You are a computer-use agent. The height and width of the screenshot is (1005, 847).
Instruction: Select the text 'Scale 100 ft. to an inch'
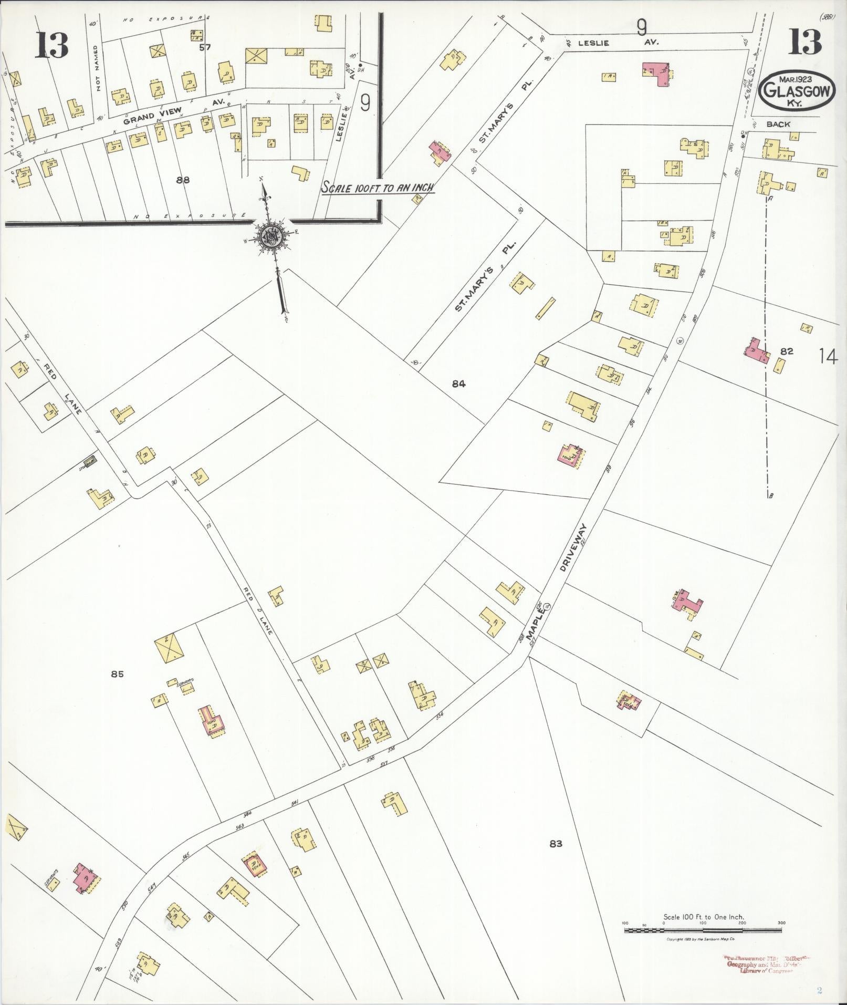point(378,188)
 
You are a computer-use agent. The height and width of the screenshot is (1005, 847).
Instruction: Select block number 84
point(458,384)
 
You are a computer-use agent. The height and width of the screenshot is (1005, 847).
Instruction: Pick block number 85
point(117,674)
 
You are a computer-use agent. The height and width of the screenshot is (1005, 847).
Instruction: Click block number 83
point(556,844)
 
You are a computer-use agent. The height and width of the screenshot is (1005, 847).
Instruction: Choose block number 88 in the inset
point(183,180)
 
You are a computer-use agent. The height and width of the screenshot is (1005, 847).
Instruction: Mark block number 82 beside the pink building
point(786,351)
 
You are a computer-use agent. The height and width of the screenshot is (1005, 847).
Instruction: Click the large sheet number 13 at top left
point(53,46)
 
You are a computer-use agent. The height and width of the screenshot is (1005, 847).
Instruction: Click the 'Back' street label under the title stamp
point(778,125)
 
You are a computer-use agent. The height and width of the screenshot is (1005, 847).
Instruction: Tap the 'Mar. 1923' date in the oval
point(796,79)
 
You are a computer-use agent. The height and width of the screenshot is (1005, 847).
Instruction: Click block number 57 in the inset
point(205,47)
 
